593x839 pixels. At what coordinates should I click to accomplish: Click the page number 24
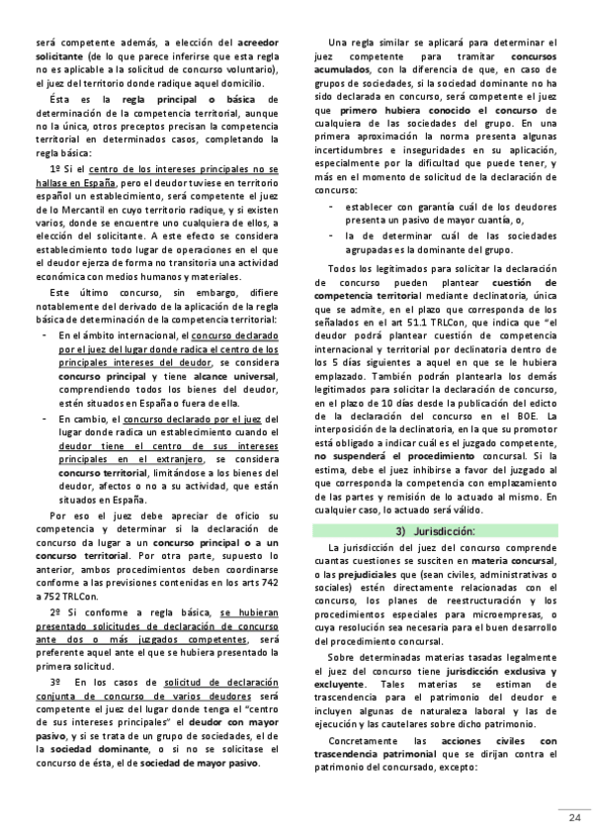pyautogui.click(x=573, y=816)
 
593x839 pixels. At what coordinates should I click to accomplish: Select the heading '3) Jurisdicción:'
pyautogui.click(x=436, y=531)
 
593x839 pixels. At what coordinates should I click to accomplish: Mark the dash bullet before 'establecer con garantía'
pyautogui.click(x=330, y=206)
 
